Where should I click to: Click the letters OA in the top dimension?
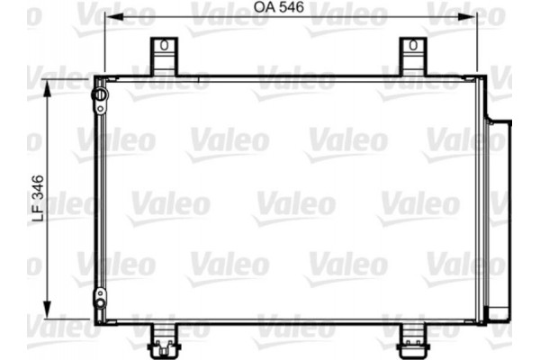[263, 7]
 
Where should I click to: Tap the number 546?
[288, 7]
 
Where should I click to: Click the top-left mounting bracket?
[162, 56]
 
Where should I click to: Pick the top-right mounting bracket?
[411, 56]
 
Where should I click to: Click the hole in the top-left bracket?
[163, 45]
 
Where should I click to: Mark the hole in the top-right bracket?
[412, 45]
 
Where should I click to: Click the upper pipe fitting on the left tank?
[99, 94]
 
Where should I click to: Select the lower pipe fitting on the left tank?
[99, 298]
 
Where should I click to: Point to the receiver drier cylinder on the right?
[497, 216]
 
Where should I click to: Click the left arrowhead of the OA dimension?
[111, 16]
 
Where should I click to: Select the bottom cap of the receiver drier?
[497, 314]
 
